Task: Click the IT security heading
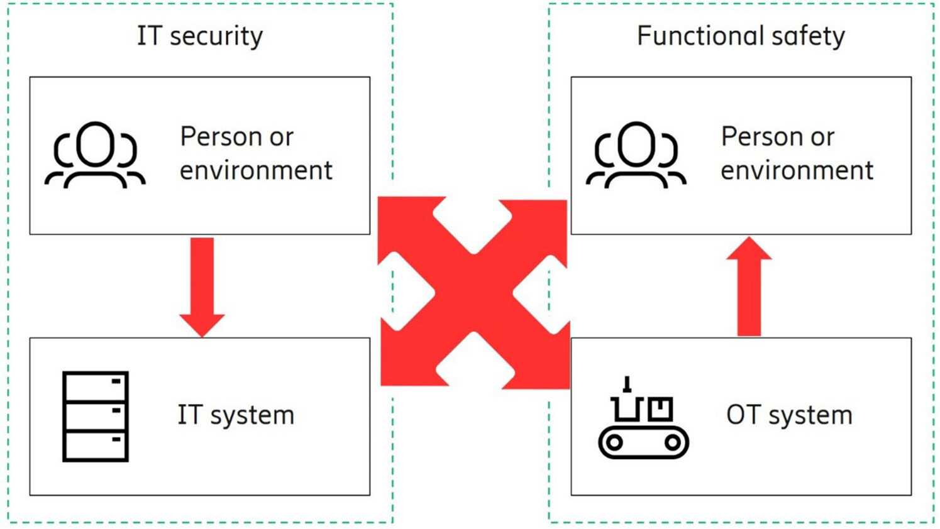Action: [x=200, y=36]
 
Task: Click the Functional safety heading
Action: [x=741, y=36]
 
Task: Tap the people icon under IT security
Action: [x=95, y=155]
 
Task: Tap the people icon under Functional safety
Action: [x=636, y=155]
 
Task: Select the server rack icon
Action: [x=96, y=416]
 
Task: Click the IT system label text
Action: [x=236, y=415]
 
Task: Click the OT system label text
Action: [x=789, y=415]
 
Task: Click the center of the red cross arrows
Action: [x=473, y=292]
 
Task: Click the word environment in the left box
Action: [x=256, y=170]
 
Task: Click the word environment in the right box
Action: [x=797, y=170]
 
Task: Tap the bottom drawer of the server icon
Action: [x=96, y=445]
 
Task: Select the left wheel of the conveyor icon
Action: [x=614, y=442]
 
